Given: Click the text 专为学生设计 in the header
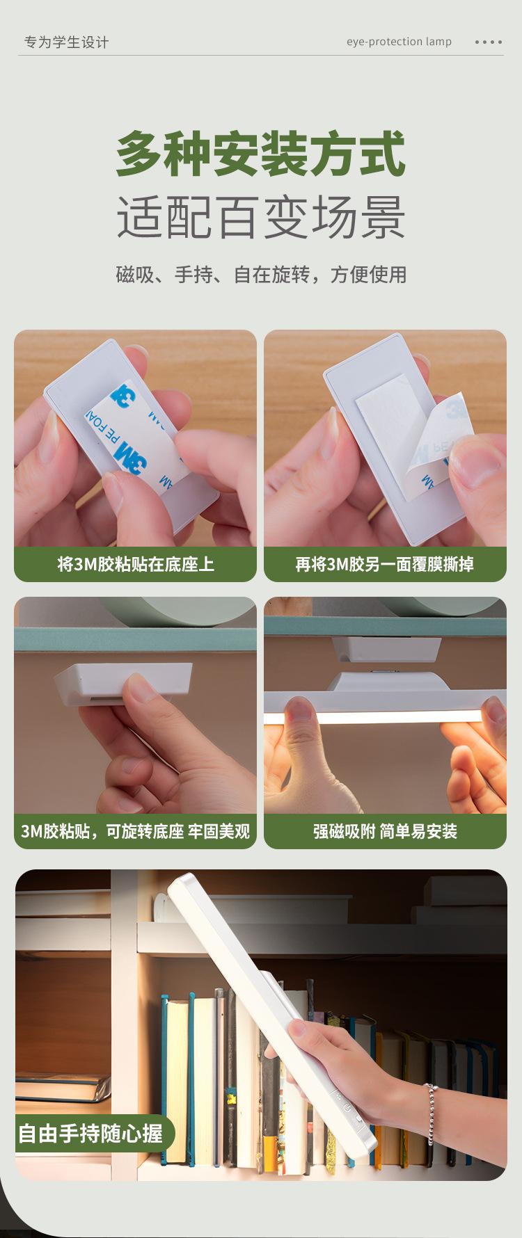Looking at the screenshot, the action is (x=66, y=42).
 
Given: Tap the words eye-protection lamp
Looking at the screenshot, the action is (x=399, y=42).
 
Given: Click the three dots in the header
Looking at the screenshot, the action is (x=488, y=42).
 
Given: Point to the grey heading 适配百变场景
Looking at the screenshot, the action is (x=260, y=217).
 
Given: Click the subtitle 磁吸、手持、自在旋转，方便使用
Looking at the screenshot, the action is (x=261, y=275).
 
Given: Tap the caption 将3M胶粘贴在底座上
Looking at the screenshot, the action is (x=136, y=564).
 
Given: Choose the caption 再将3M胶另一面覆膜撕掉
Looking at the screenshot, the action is (x=385, y=564).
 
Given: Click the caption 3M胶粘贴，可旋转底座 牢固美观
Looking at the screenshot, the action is (x=136, y=831).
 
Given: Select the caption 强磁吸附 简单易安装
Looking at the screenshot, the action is (x=385, y=831).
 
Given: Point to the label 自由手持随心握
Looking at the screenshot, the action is (x=90, y=1134).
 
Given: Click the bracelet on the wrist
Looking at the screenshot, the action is (x=432, y=1114).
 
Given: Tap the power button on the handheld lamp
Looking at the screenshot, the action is (x=347, y=1107).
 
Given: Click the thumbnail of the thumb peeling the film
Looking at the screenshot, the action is (x=385, y=438).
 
